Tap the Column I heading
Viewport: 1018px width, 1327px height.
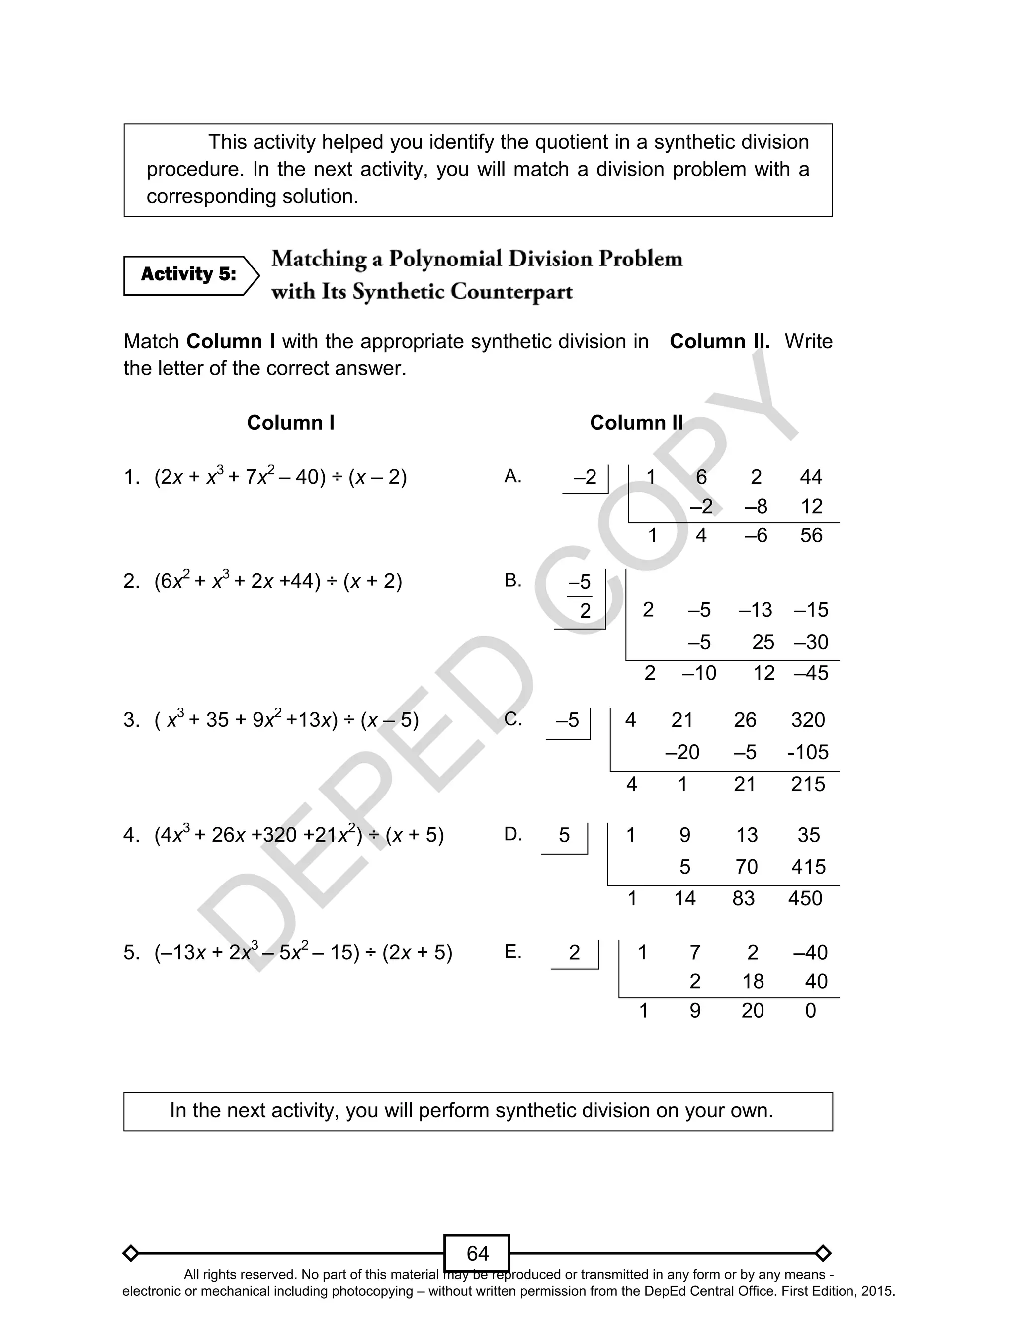click(x=290, y=422)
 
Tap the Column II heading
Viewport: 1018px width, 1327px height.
click(x=636, y=422)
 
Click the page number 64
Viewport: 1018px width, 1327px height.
click(x=477, y=1253)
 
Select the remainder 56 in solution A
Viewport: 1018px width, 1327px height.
click(x=811, y=535)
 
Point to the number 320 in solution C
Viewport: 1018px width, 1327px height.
click(x=807, y=720)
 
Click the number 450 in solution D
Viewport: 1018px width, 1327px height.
click(x=805, y=898)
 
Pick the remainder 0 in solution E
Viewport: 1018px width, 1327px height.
click(x=810, y=1011)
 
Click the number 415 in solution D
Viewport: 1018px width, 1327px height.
click(x=808, y=867)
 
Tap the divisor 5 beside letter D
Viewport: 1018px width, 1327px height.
click(x=564, y=836)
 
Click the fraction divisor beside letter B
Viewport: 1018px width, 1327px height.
click(x=580, y=596)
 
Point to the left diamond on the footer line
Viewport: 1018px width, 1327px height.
click(x=131, y=1253)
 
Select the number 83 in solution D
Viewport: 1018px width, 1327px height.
click(x=743, y=898)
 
